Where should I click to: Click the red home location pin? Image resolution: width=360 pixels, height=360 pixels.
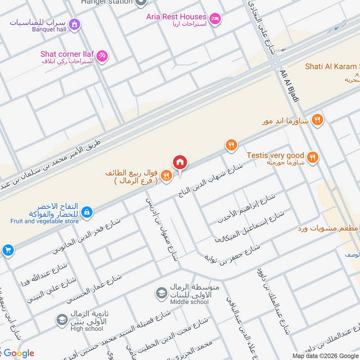(180, 162)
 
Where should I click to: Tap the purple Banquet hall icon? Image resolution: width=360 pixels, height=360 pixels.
(75, 24)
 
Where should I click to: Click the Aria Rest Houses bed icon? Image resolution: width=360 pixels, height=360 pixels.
(216, 18)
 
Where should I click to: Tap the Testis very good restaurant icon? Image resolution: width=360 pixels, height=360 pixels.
(313, 157)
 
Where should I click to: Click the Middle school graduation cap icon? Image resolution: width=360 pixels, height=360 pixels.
(160, 293)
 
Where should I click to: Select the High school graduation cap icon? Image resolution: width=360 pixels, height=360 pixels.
(61, 320)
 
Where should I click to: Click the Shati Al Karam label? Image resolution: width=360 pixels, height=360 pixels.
(332, 66)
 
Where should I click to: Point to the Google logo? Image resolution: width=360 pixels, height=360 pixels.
(18, 353)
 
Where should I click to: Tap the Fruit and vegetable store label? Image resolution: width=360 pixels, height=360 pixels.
(45, 221)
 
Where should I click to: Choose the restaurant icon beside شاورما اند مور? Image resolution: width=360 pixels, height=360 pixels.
(318, 120)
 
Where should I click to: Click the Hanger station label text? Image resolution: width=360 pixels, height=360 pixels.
(107, 2)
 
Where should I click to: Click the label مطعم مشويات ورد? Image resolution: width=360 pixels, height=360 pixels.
(328, 229)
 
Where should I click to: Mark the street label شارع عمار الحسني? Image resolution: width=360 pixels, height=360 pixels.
(94, 288)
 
